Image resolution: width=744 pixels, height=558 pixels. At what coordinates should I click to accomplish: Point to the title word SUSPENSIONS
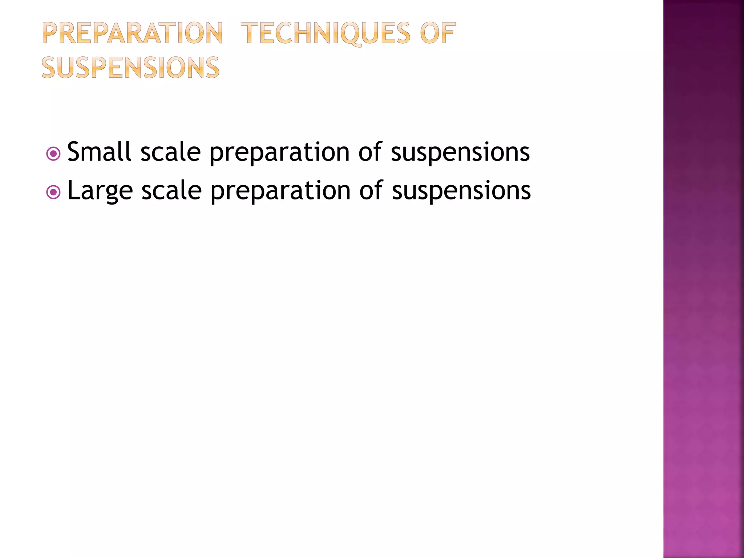tap(131, 68)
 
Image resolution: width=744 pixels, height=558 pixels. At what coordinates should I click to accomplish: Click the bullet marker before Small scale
tap(53, 154)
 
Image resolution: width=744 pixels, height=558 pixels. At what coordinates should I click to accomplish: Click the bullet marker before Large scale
tap(53, 192)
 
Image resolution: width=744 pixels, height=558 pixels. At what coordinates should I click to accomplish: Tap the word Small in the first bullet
tap(99, 151)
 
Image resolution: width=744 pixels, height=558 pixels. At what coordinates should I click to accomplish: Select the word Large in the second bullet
tap(100, 190)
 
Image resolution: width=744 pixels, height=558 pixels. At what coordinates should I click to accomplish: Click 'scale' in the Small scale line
tap(170, 151)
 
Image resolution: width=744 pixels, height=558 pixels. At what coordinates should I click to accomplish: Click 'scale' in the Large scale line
tap(171, 190)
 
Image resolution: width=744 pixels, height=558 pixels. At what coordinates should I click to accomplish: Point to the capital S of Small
tap(74, 151)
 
